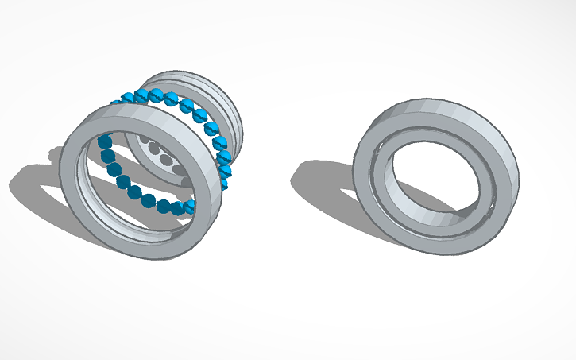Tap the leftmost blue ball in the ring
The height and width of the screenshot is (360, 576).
tap(102, 143)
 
